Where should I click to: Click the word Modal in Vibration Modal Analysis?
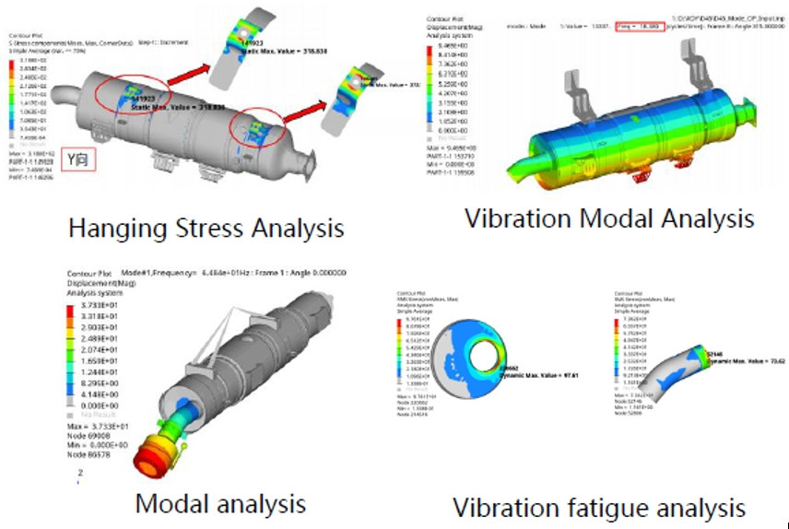[x=618, y=218]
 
